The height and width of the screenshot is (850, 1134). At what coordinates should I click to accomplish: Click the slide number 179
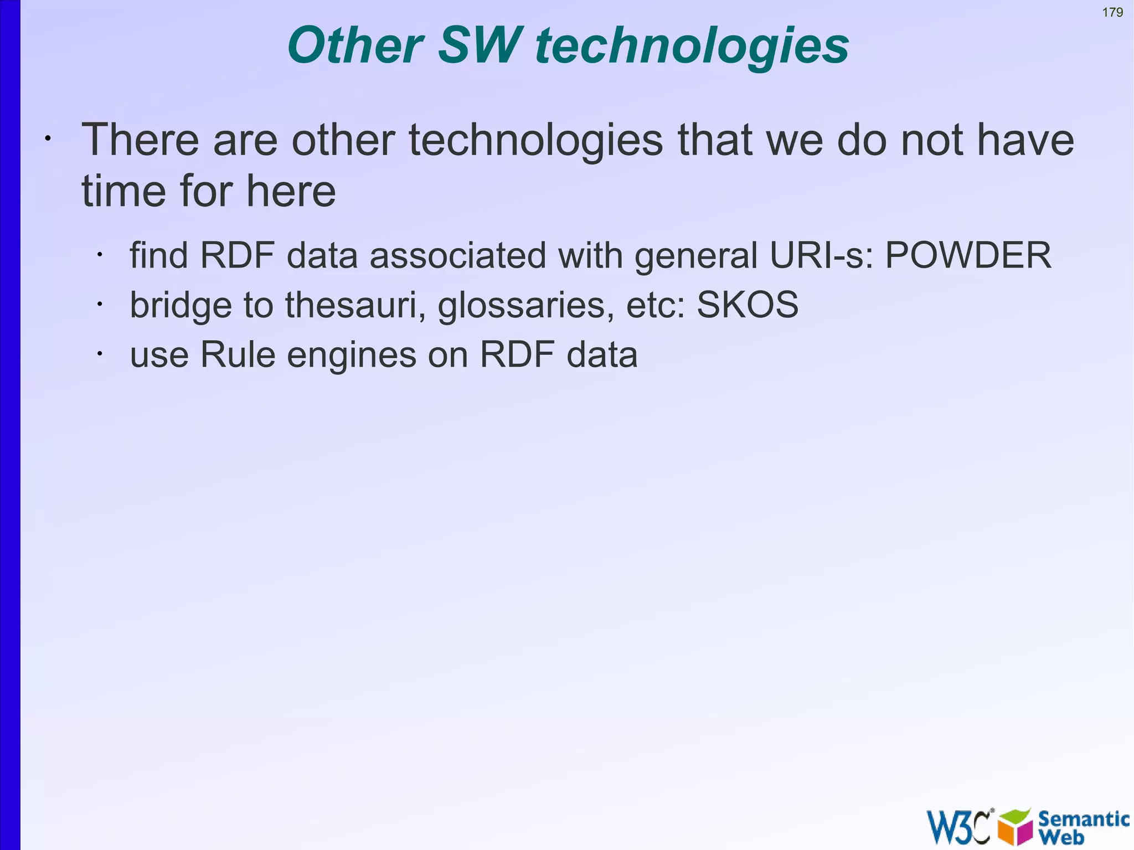[1112, 12]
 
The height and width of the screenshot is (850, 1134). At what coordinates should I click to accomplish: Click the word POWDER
[968, 255]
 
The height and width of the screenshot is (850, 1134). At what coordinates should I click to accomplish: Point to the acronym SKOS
[748, 305]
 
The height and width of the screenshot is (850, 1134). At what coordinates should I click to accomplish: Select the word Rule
[238, 354]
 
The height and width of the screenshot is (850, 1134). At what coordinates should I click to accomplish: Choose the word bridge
[181, 306]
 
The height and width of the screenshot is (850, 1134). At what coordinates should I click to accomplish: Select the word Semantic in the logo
[1083, 818]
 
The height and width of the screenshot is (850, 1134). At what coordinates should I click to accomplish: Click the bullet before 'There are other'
[48, 138]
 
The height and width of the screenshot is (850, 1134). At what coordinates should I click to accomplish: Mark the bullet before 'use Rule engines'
[99, 354]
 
